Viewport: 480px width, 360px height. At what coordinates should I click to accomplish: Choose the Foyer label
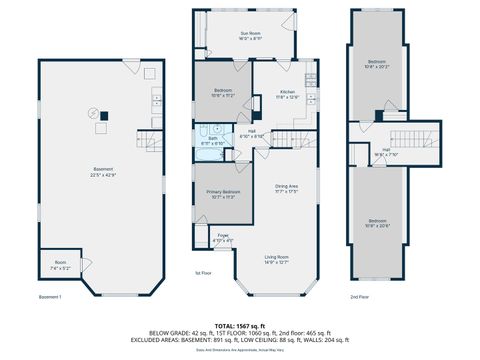point(223,238)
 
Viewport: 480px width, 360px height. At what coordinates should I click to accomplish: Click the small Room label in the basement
point(59,266)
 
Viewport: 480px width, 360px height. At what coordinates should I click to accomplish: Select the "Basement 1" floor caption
point(50,298)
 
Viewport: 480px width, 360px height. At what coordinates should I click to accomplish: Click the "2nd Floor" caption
point(360,298)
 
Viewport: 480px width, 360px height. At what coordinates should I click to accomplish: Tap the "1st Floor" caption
point(204,272)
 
